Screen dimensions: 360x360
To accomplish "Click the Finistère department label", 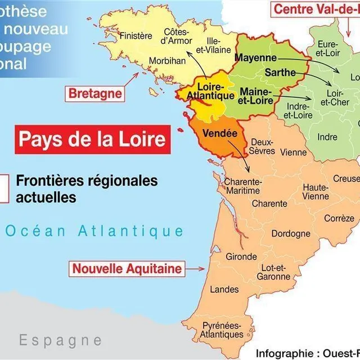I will (136, 36).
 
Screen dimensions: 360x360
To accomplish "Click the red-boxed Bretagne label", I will (95, 93).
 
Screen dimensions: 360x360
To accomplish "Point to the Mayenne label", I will (255, 58).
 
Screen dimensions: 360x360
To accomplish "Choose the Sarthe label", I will (277, 73).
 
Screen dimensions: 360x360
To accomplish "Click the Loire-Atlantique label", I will (210, 91).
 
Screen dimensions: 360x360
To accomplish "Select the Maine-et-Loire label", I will (256, 96).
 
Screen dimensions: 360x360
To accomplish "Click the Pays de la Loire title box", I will (93, 139).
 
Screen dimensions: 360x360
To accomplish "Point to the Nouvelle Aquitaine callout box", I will (127, 268).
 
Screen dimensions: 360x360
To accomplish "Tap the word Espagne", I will (60, 340).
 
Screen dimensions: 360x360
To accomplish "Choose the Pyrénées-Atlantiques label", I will (223, 330).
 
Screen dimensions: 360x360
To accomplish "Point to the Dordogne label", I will (291, 233).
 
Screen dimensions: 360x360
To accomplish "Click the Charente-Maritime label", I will (243, 186).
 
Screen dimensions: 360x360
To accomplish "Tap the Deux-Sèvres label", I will (263, 146).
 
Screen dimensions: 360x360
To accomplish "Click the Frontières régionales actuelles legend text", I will (87, 190).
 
